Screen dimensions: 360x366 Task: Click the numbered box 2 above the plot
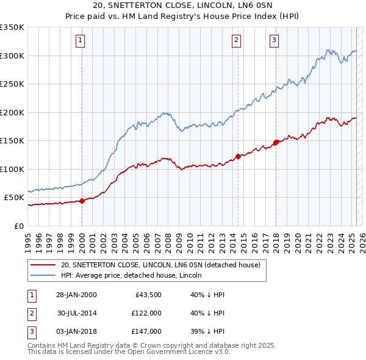click(236, 41)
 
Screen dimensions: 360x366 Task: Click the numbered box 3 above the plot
click(274, 41)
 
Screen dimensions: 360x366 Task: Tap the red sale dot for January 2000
click(82, 201)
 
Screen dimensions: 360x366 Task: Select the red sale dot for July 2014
click(238, 157)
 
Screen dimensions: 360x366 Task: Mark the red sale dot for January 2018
click(276, 143)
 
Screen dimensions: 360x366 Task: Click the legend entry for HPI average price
click(135, 275)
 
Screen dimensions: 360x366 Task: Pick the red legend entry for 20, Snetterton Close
click(160, 265)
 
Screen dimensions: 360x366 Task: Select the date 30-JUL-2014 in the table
click(77, 313)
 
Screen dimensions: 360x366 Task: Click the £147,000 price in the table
click(146, 331)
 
